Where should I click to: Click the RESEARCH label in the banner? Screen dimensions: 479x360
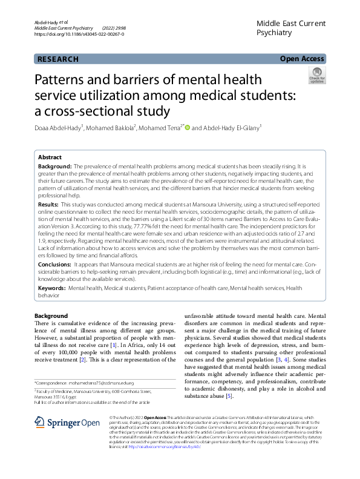click(58, 59)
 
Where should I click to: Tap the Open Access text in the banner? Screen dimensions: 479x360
click(302, 59)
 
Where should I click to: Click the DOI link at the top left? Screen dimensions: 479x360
click(79, 35)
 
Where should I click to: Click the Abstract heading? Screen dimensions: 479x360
click(50, 156)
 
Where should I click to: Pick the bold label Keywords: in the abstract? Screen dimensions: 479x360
click(52, 289)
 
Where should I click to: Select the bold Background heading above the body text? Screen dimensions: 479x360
click(51, 316)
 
